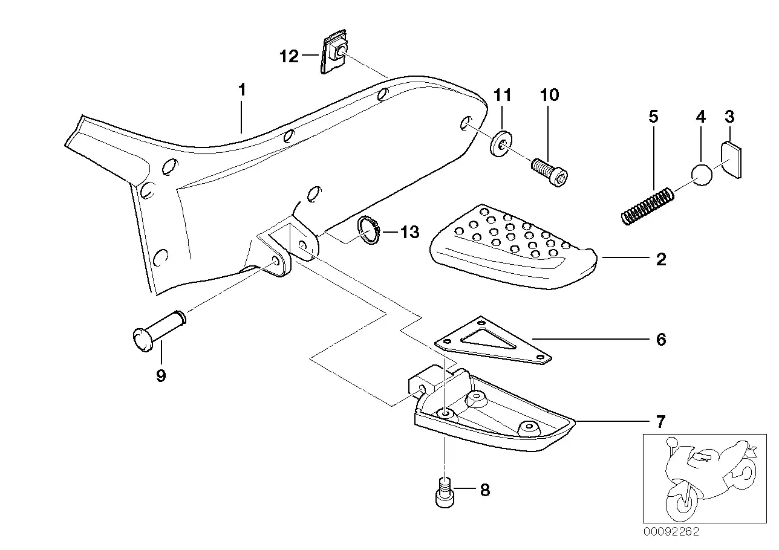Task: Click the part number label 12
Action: coord(289,57)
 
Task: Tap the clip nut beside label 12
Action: coord(333,54)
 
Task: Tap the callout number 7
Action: coord(660,421)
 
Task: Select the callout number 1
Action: coord(242,91)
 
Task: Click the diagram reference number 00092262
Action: coord(671,532)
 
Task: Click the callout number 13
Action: coord(409,232)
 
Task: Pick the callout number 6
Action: coord(660,340)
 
